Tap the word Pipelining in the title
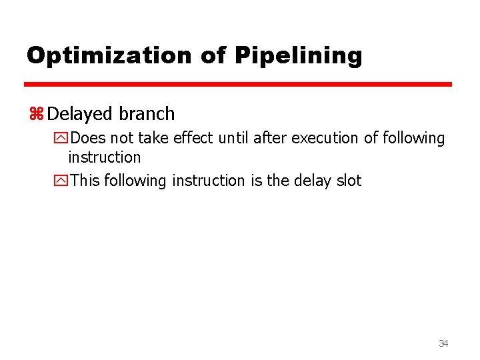point(298,55)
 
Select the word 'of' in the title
point(213,55)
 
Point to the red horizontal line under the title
point(238,85)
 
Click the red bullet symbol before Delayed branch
point(36,114)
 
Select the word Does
point(88,139)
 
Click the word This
point(85,181)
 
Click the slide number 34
point(443,343)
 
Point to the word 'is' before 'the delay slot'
point(257,181)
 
